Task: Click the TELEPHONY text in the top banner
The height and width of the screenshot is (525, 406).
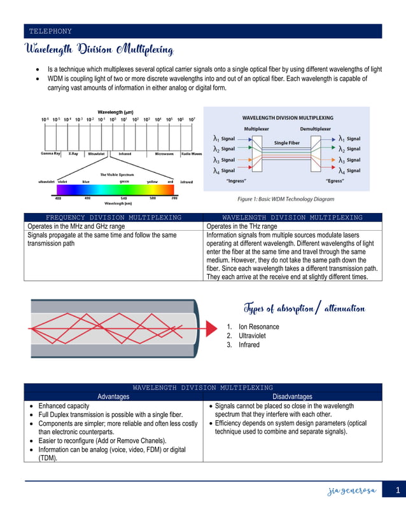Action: pyautogui.click(x=50, y=31)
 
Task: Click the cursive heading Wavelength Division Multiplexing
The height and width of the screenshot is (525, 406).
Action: pyautogui.click(x=98, y=50)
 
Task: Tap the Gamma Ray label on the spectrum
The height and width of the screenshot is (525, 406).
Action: pyautogui.click(x=51, y=153)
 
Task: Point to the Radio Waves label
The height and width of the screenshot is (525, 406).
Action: pyautogui.click(x=192, y=153)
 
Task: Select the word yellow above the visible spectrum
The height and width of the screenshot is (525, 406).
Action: pyautogui.click(x=152, y=182)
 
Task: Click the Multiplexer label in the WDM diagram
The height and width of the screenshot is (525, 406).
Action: pyautogui.click(x=257, y=129)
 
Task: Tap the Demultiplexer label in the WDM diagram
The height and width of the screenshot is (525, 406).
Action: pyautogui.click(x=316, y=129)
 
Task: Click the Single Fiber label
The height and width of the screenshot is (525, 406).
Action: pyautogui.click(x=286, y=143)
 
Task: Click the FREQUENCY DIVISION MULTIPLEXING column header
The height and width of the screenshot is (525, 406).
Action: pyautogui.click(x=114, y=217)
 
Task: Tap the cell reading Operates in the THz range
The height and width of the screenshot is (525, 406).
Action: pyautogui.click(x=242, y=226)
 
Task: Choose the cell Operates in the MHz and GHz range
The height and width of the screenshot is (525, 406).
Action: pyautogui.click(x=76, y=226)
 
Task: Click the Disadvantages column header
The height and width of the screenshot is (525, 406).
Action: pyautogui.click(x=292, y=397)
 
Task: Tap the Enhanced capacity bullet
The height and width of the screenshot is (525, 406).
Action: pyautogui.click(x=64, y=406)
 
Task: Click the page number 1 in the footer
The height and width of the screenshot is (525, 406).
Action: pyautogui.click(x=396, y=490)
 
